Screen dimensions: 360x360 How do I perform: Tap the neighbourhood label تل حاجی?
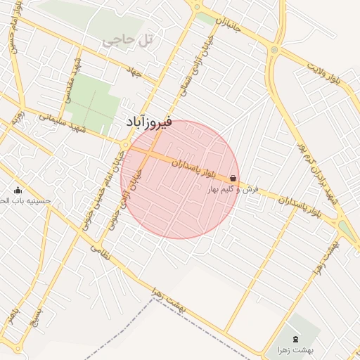point(127,41)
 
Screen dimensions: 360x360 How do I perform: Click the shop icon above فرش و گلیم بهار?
point(233,179)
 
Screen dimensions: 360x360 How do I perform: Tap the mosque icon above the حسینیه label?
point(18,190)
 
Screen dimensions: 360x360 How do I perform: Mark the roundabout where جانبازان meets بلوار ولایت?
point(272,50)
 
